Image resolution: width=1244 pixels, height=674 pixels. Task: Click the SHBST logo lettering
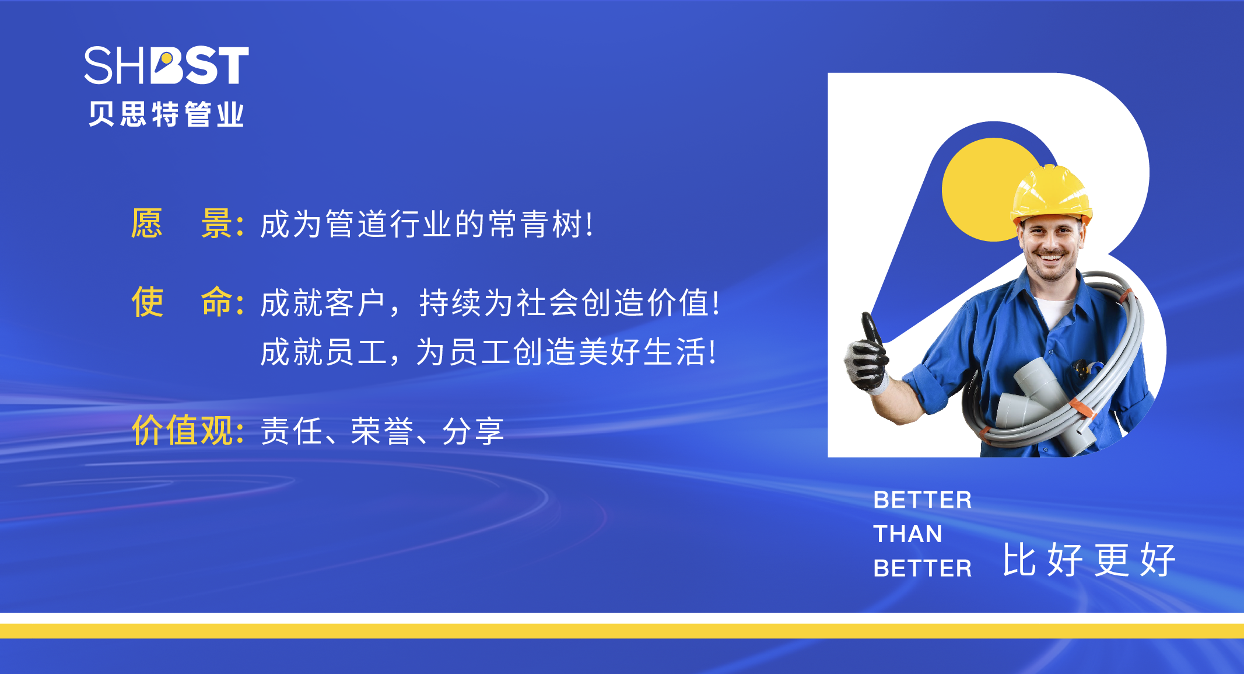167,65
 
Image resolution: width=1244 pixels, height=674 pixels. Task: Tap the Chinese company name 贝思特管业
166,114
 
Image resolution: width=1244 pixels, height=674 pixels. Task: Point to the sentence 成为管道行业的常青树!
427,224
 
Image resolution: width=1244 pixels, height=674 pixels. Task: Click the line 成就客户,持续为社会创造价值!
490,303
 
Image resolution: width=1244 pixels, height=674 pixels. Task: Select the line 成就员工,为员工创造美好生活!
489,352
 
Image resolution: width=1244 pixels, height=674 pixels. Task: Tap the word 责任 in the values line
291,431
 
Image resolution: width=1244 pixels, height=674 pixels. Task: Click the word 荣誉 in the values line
383,431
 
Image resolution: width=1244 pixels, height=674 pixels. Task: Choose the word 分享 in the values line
473,431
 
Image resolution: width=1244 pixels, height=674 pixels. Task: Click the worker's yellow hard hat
1052,194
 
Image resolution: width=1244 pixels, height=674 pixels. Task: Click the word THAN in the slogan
907,534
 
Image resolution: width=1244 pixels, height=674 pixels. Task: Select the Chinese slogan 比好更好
1089,560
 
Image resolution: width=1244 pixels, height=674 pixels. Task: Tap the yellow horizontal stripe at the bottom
622,631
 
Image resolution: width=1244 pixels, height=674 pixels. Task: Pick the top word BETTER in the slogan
923,500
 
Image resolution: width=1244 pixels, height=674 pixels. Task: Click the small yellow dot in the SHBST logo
166,59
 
